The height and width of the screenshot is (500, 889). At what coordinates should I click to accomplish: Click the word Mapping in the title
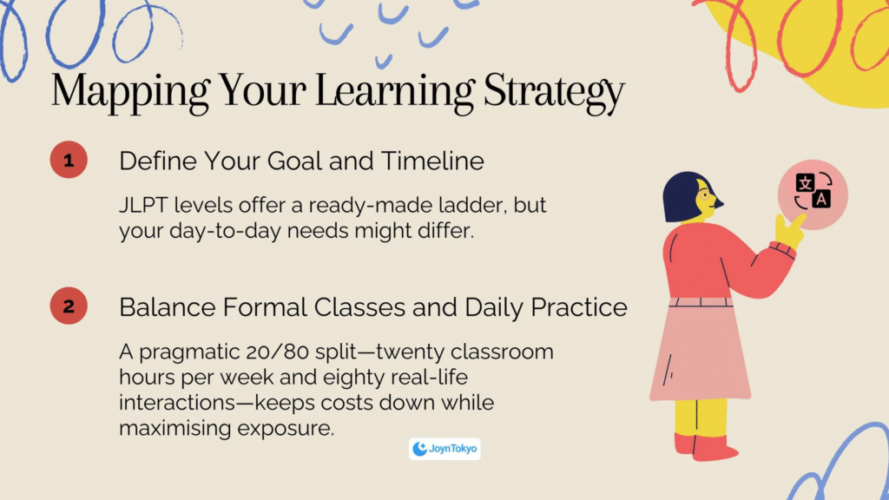tap(130, 92)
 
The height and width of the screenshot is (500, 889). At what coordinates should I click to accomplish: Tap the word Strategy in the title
tap(554, 92)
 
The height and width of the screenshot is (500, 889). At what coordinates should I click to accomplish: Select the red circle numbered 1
tap(69, 160)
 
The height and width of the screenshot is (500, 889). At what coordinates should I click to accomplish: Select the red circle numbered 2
tap(69, 306)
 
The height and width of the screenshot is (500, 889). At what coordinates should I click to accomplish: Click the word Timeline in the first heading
tap(432, 161)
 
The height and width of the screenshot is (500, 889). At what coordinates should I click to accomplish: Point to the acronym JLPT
tap(143, 205)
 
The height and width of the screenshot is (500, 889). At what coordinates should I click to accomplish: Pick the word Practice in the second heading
tap(579, 307)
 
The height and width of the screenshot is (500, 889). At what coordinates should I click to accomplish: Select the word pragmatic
tap(189, 353)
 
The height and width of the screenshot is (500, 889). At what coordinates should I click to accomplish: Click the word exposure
tap(286, 429)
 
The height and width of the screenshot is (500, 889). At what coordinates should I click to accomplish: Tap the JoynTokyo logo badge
tap(444, 449)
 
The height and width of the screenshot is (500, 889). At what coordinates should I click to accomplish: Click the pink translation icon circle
tap(813, 194)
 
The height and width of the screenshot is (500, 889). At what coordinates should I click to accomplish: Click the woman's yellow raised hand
tap(789, 229)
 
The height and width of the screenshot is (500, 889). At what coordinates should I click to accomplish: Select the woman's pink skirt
tap(701, 352)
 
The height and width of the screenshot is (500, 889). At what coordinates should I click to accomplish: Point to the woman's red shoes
tap(707, 447)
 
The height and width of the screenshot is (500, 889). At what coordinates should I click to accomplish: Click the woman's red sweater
tap(714, 260)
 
